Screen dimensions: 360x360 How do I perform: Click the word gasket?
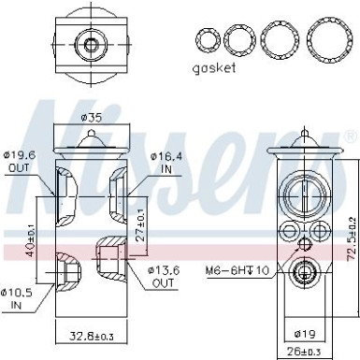click(215, 68)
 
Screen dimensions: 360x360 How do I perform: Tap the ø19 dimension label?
click(305, 332)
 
